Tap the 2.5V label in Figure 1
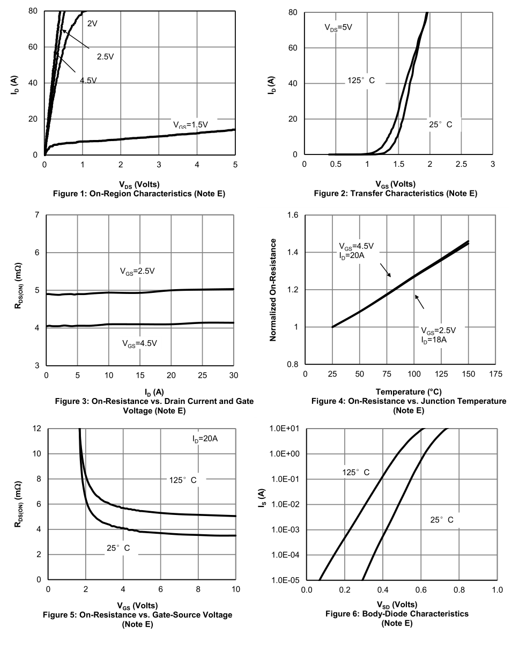pyautogui.click(x=105, y=56)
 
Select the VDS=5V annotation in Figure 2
pyautogui.click(x=338, y=27)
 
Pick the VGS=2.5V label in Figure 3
pyautogui.click(x=137, y=271)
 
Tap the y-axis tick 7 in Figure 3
pyautogui.click(x=36, y=215)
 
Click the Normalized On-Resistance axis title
pyautogui.click(x=273, y=290)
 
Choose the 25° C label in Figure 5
pyautogui.click(x=118, y=548)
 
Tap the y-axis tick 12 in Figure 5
pyautogui.click(x=36, y=429)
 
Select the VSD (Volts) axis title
pyautogui.click(x=401, y=605)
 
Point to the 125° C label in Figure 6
pyautogui.click(x=356, y=473)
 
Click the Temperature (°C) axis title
pyautogui.click(x=409, y=392)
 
